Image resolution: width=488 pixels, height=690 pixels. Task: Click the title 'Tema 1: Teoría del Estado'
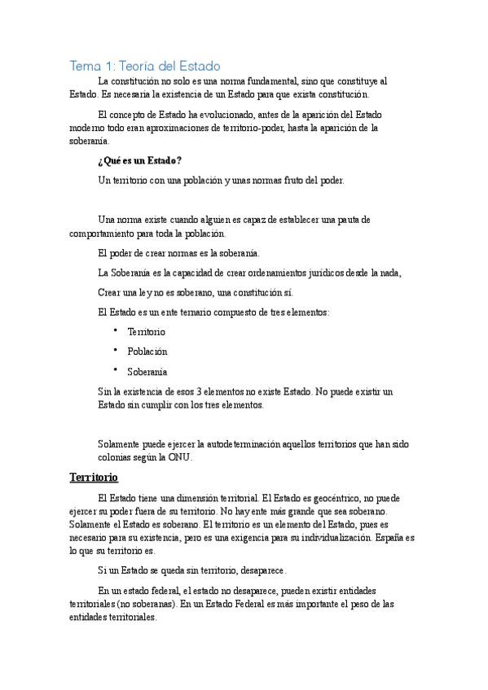(x=145, y=65)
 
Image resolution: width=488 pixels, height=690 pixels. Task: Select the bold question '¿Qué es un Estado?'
(x=138, y=160)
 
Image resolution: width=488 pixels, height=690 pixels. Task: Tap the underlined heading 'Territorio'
(x=94, y=477)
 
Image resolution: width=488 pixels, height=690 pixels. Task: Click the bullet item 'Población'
(x=147, y=352)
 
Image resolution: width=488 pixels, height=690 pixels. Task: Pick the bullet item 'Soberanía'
(x=147, y=372)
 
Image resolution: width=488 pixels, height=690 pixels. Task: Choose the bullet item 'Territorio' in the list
(x=147, y=332)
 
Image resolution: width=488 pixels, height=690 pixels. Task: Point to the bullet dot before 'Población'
(x=117, y=350)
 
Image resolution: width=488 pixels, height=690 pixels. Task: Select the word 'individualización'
(x=345, y=538)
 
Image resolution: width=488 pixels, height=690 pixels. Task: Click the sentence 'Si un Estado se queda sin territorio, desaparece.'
(x=191, y=570)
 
